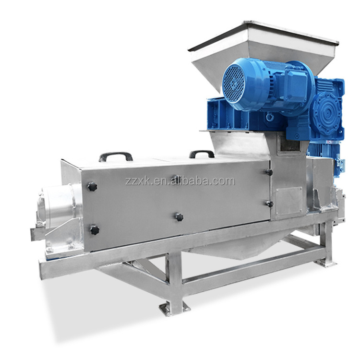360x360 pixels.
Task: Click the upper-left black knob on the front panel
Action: click(x=92, y=186)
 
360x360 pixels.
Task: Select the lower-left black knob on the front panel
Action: click(x=95, y=230)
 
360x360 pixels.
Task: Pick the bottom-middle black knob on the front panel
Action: click(x=180, y=217)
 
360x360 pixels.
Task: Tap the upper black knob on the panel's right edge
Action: click(x=269, y=172)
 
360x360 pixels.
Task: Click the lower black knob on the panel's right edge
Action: click(x=269, y=204)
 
